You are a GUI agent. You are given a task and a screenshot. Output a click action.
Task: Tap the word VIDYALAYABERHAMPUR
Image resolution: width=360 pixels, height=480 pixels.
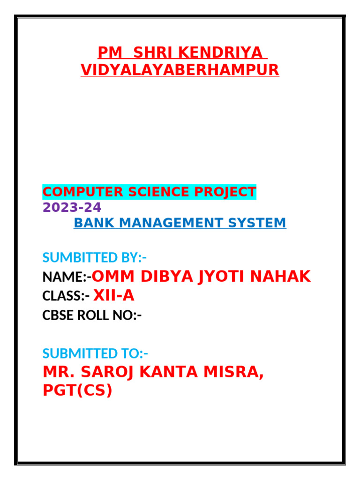180,70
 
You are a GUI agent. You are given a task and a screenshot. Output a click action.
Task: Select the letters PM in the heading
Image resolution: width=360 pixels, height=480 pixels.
108,52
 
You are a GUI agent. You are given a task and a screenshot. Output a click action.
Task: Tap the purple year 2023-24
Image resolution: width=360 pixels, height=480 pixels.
72,207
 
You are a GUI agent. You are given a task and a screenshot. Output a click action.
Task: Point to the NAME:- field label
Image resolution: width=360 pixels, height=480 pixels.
66,277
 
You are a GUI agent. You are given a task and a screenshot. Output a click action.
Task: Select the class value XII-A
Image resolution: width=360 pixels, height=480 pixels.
114,296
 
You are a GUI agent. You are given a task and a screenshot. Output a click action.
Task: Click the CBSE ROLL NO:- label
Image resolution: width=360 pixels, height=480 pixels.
92,315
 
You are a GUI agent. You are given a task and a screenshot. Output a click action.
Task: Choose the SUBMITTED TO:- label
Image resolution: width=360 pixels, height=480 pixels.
95,353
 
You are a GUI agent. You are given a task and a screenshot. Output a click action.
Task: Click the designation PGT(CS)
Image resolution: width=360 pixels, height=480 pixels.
77,390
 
